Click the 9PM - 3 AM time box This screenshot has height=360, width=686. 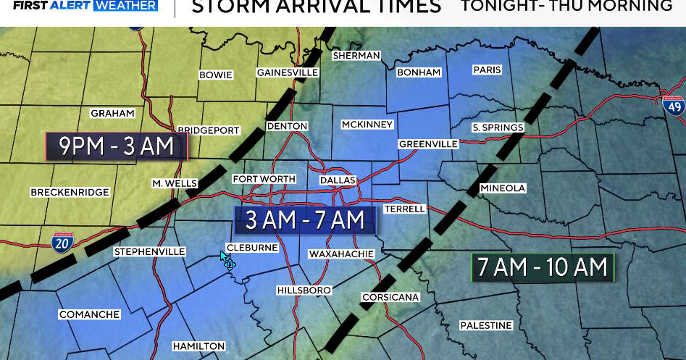click(x=117, y=146)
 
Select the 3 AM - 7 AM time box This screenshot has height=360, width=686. click(x=305, y=220)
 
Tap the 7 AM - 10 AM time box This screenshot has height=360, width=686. click(x=542, y=267)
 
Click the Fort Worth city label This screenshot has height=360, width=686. click(x=264, y=179)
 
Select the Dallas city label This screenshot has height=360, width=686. click(x=338, y=180)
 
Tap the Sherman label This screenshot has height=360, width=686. click(x=356, y=56)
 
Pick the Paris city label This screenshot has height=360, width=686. click(x=487, y=70)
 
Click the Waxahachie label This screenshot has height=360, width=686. click(x=341, y=254)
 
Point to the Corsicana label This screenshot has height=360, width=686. click(x=390, y=298)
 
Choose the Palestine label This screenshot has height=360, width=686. click(x=486, y=326)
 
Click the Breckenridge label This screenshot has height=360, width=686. click(x=70, y=193)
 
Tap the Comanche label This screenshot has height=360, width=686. click(x=89, y=314)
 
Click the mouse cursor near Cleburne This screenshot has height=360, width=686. click(x=227, y=261)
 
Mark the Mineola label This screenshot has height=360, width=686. click(x=502, y=188)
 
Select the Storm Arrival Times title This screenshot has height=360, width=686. click(x=316, y=7)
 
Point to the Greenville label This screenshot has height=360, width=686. click(x=428, y=144)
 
